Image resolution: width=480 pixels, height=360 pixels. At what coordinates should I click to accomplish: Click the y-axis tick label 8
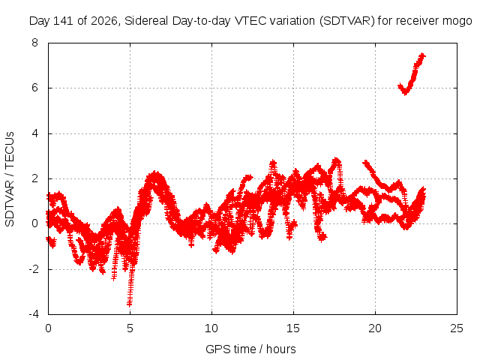coord(34,43)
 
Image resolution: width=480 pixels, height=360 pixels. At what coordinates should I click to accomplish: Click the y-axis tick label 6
coord(34,88)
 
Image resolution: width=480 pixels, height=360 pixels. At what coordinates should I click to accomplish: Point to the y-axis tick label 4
coord(34,133)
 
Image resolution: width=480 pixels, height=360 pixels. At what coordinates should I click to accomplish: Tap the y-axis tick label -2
coord(33,269)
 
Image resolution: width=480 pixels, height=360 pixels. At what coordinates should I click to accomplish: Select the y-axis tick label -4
coord(33,314)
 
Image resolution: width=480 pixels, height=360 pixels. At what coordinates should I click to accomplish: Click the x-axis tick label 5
coord(130,328)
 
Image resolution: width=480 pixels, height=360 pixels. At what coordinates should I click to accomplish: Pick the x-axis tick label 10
coord(211,328)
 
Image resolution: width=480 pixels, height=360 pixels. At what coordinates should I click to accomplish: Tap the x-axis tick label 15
coord(293,328)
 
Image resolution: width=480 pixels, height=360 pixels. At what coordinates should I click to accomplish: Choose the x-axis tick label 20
coord(375,328)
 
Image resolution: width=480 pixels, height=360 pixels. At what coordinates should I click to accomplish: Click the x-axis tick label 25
coord(457,328)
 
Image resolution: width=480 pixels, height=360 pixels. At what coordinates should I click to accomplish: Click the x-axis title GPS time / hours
coord(250,349)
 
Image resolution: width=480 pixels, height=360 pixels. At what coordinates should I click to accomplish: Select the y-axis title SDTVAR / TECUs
coord(10,179)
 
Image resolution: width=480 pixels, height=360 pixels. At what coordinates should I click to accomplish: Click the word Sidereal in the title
coord(146,21)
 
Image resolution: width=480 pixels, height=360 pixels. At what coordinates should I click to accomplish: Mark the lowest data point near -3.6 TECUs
coord(129,304)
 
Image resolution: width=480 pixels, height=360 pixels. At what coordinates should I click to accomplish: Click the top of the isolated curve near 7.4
coord(422,55)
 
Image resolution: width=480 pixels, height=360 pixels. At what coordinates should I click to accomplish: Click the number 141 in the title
coord(63,21)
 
